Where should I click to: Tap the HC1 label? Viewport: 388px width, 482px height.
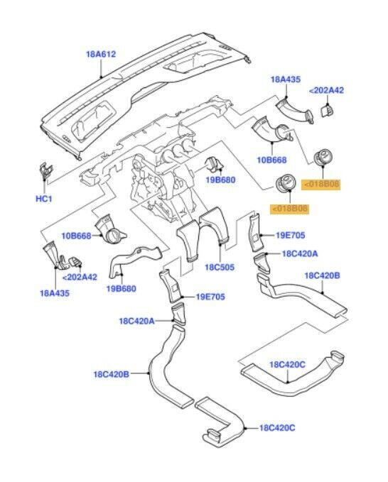click(x=44, y=198)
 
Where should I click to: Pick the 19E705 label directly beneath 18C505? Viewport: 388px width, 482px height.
click(x=210, y=297)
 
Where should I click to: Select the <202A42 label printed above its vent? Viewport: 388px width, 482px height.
click(x=325, y=90)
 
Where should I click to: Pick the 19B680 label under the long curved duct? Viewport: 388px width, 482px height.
click(x=122, y=288)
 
